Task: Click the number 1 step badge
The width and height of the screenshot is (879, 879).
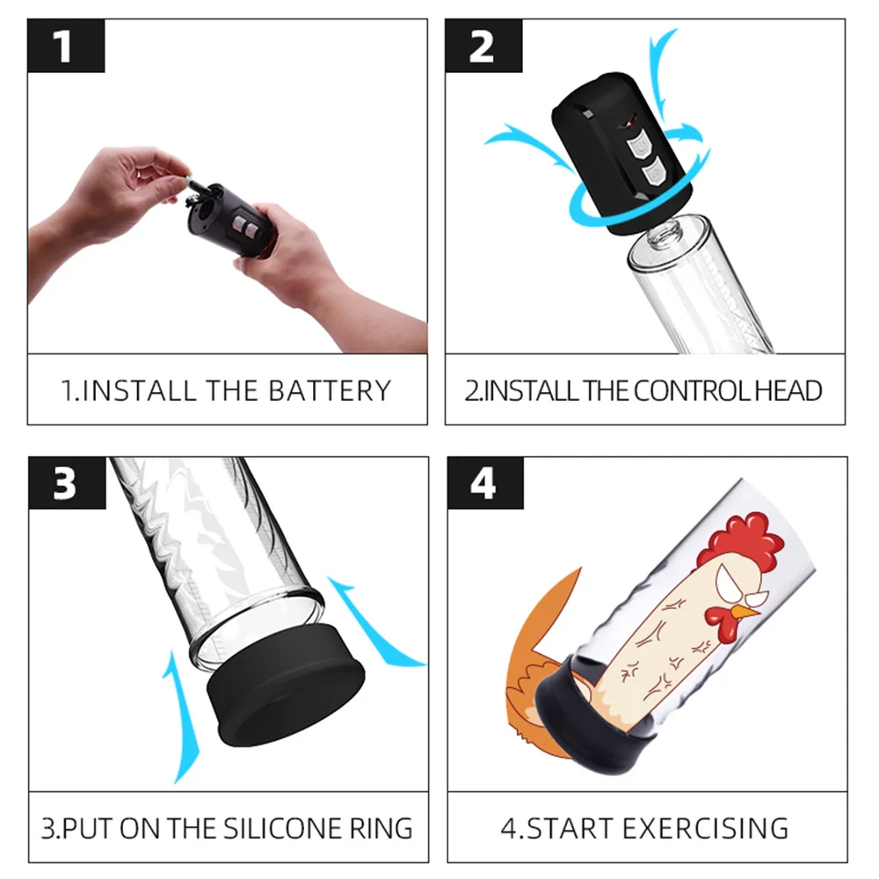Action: [x=66, y=46]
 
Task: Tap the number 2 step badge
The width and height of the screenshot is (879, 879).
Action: [x=483, y=46]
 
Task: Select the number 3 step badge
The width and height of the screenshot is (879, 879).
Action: [x=68, y=483]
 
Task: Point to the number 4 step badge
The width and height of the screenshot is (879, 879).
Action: [x=485, y=483]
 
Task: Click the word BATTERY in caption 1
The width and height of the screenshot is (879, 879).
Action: [x=330, y=391]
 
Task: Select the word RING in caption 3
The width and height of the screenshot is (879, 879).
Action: [x=381, y=829]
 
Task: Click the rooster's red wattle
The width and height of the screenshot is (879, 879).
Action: [x=721, y=625]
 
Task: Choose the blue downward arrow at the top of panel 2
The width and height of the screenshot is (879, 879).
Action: [x=662, y=76]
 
